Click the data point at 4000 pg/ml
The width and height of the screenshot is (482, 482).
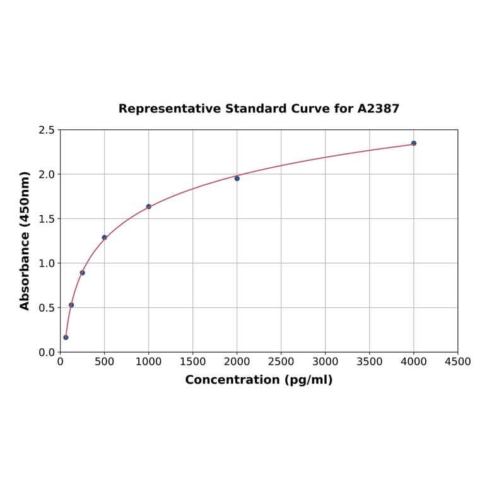click(414, 143)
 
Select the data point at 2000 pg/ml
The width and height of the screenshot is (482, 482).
click(237, 179)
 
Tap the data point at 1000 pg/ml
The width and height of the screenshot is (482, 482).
click(149, 206)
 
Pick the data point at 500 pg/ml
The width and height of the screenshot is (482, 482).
click(105, 238)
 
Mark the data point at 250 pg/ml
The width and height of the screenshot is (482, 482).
click(83, 273)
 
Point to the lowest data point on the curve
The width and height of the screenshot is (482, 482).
click(66, 338)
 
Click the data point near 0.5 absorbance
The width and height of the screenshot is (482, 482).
click(71, 305)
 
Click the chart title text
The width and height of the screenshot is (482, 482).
click(259, 109)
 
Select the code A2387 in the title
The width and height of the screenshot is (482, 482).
click(379, 109)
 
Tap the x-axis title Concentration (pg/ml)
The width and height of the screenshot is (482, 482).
click(259, 380)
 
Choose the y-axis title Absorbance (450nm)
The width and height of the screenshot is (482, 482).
click(25, 240)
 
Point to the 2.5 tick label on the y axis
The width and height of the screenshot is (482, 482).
click(47, 130)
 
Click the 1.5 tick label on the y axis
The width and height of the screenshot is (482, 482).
click(47, 219)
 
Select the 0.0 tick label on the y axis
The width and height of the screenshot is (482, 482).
click(47, 352)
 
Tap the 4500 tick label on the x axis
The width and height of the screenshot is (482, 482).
click(457, 362)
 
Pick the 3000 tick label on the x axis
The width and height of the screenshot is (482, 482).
click(326, 362)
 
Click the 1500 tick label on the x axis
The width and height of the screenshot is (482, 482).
click(193, 362)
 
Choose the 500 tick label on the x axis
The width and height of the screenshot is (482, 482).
click(105, 362)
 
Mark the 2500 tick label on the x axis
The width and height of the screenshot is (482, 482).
click(281, 362)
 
